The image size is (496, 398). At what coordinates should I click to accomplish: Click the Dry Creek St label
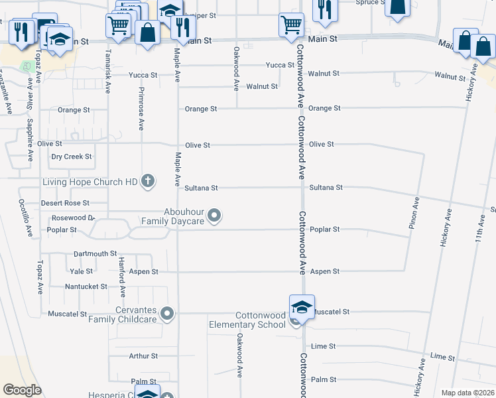click(72, 157)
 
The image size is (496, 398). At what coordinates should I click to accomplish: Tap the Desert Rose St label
click(65, 203)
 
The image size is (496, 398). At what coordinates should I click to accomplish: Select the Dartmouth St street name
click(95, 253)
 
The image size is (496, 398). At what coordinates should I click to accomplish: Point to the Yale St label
click(81, 271)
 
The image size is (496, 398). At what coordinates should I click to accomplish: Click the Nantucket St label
click(86, 287)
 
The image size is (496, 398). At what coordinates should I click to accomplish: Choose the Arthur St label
click(143, 356)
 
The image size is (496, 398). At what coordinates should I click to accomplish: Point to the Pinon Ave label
click(415, 213)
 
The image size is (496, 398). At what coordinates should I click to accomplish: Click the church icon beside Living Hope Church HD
click(147, 180)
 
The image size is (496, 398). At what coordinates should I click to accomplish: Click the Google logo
click(23, 390)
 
